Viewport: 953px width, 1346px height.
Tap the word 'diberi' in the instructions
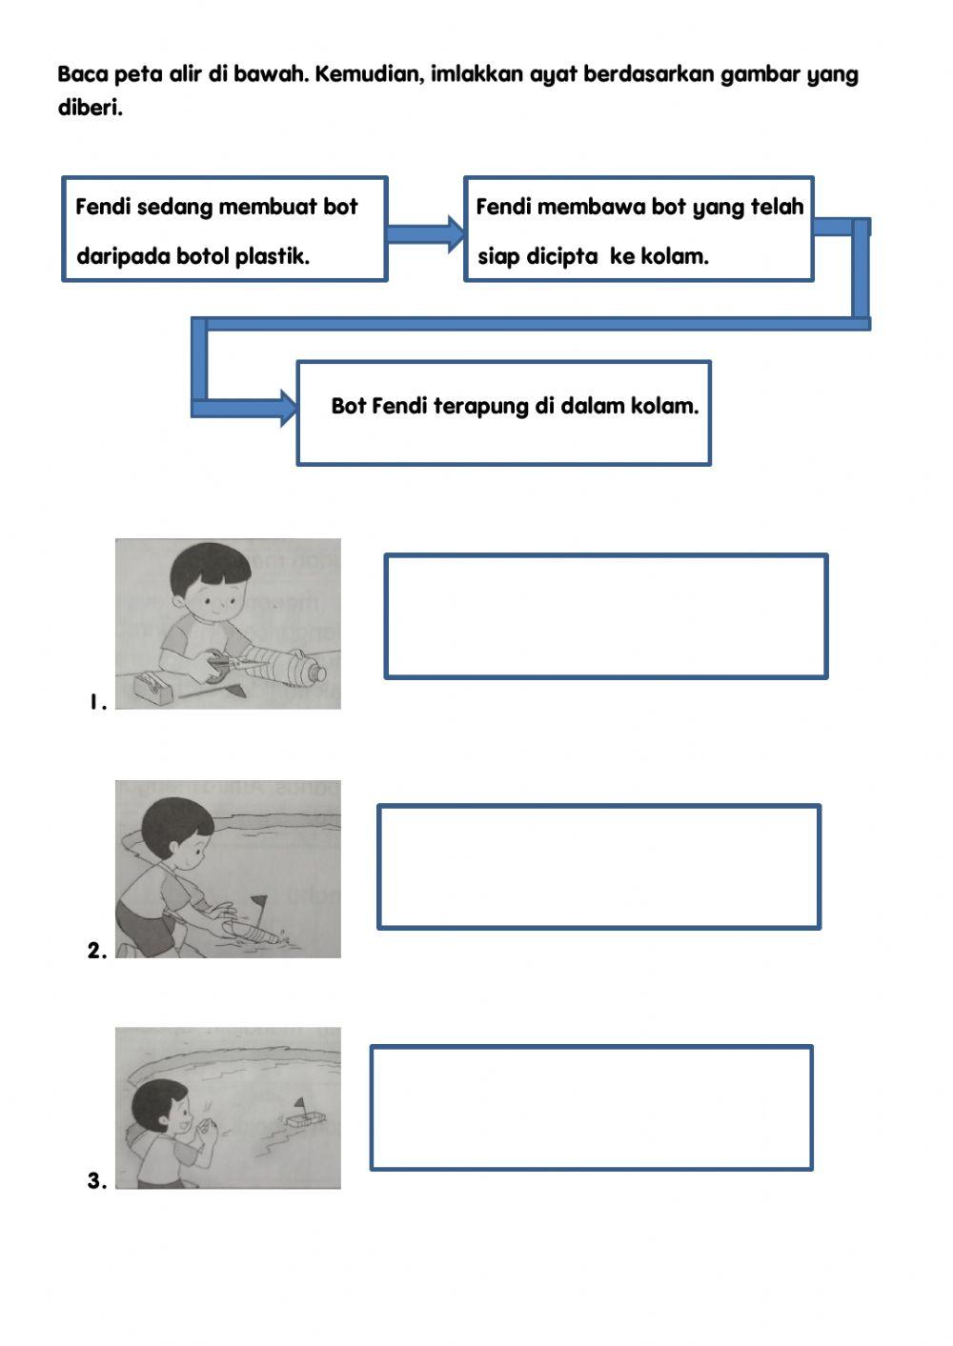pyautogui.click(x=90, y=108)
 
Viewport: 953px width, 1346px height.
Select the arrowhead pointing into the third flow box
pyautogui.click(x=287, y=408)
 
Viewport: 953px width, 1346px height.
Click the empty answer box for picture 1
pyautogui.click(x=605, y=616)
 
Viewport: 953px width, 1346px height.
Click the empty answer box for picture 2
pyautogui.click(x=598, y=867)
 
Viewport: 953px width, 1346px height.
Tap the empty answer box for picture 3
pyautogui.click(x=591, y=1108)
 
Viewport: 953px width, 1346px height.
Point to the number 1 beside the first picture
pyautogui.click(x=95, y=703)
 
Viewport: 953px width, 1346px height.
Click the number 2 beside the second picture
pyautogui.click(x=96, y=951)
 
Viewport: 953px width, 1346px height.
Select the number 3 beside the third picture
pyautogui.click(x=96, y=1181)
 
